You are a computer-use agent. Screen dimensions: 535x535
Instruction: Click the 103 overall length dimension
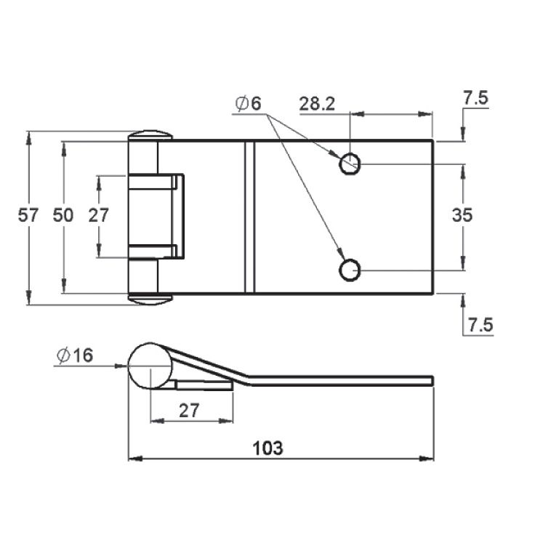tap(267, 448)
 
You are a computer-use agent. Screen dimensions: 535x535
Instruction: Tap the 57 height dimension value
tap(28, 215)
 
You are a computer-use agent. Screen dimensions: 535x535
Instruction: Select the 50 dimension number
tap(63, 215)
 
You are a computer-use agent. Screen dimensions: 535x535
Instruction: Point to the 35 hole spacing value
tap(462, 215)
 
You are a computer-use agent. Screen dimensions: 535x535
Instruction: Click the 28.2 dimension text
tap(318, 104)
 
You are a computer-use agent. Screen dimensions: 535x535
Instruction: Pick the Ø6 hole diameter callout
tap(249, 103)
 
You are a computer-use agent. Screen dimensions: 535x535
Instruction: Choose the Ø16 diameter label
tap(75, 355)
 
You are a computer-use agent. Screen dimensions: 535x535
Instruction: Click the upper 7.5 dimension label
tap(475, 98)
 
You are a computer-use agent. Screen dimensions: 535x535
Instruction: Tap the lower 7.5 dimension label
tap(480, 325)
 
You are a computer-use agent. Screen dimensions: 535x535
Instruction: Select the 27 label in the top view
tap(99, 215)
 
